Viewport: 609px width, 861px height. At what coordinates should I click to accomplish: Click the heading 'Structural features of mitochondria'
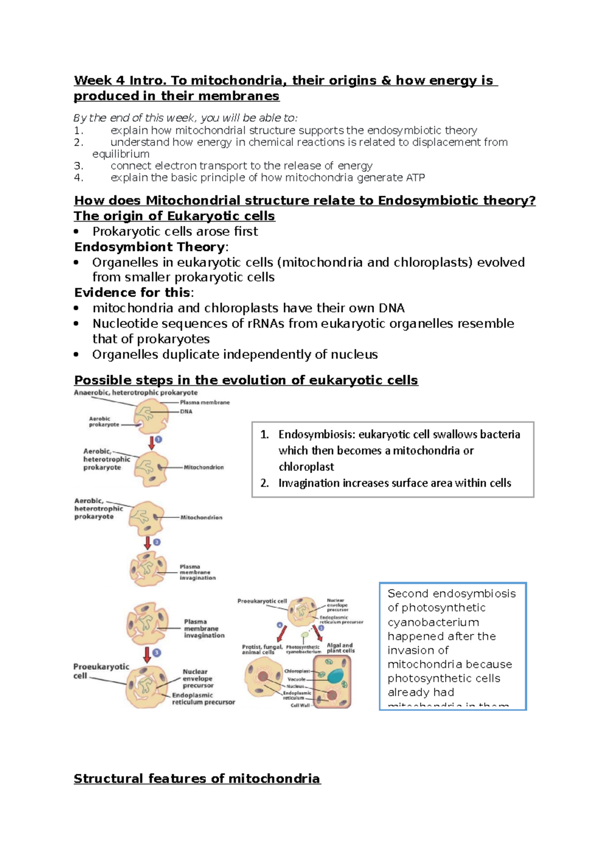[x=197, y=778]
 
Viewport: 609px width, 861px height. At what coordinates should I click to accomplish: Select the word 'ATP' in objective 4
[x=415, y=177]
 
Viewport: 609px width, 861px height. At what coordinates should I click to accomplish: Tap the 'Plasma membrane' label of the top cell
[x=205, y=402]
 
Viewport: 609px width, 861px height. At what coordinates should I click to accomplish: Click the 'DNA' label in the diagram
[x=186, y=411]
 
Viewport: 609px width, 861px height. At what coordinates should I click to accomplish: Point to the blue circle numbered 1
[x=158, y=439]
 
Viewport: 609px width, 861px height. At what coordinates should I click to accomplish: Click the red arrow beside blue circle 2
[x=148, y=543]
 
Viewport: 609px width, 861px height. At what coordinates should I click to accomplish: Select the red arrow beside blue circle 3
[x=147, y=654]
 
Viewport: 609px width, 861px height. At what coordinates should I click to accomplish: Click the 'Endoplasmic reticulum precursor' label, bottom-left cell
[x=203, y=699]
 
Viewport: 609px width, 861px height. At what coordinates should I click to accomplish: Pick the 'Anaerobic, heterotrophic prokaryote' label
[x=136, y=392]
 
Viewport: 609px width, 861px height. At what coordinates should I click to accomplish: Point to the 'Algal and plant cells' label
[x=341, y=648]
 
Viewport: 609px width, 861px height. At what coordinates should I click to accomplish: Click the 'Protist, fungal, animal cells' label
[x=262, y=650]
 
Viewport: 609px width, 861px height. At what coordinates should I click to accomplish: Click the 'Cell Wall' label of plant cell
[x=300, y=705]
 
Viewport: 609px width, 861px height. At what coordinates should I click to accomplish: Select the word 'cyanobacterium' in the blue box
[x=433, y=622]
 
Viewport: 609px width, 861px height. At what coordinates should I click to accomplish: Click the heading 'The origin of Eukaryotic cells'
[x=174, y=216]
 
